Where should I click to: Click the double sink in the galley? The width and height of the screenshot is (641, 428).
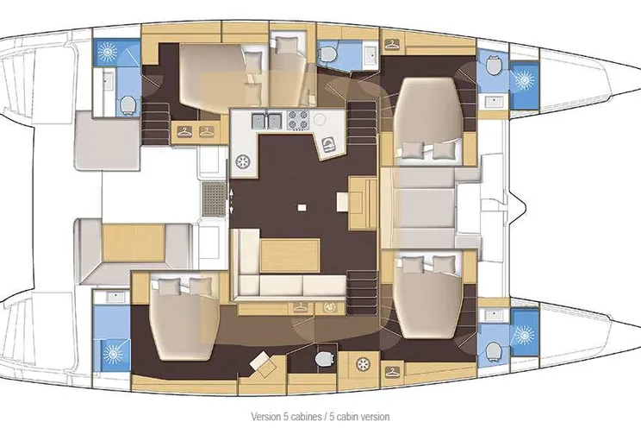[x=265, y=121]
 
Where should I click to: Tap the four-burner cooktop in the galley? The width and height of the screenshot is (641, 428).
[x=297, y=120]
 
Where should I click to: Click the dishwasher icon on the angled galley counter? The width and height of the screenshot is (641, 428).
[x=328, y=145]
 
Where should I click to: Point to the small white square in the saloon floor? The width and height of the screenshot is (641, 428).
[x=302, y=207]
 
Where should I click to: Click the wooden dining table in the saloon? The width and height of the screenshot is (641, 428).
[x=290, y=255]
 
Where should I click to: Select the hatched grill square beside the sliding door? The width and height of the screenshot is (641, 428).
[x=215, y=199]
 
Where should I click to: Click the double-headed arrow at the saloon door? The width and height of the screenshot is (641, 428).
[x=232, y=201]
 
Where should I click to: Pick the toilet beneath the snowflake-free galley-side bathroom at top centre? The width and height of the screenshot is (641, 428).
[x=328, y=53]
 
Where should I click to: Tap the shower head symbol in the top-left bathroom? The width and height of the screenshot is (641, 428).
[x=108, y=51]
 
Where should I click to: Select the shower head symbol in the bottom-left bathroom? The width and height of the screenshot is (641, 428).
[x=111, y=354]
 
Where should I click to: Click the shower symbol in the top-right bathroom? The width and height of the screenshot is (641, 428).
[x=525, y=79]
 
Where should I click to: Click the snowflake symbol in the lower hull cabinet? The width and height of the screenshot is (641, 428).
[x=362, y=363]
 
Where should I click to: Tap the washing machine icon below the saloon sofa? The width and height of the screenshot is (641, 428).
[x=329, y=306]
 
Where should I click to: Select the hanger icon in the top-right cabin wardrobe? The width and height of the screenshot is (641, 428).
[x=393, y=44]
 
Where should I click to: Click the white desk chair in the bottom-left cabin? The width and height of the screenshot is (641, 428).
[x=263, y=363]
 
